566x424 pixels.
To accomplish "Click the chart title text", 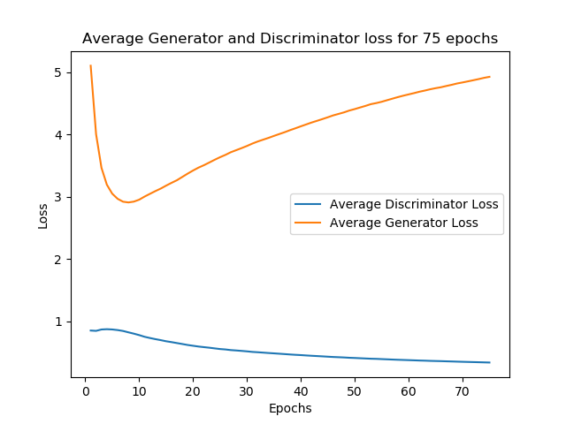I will [290, 39].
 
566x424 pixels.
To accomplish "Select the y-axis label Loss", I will [43, 215].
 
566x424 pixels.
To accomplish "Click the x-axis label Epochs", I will [290, 408].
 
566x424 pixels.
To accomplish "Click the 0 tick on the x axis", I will [85, 390].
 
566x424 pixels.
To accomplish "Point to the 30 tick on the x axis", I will [247, 390].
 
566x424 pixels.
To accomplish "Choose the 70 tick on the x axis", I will [463, 390].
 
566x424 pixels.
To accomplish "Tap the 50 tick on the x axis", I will [355, 390].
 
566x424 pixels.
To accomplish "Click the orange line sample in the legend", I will [309, 223].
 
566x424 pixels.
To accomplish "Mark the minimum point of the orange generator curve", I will [128, 202].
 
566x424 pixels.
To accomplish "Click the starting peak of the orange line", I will [90, 65].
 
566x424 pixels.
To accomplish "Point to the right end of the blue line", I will [489, 362].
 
